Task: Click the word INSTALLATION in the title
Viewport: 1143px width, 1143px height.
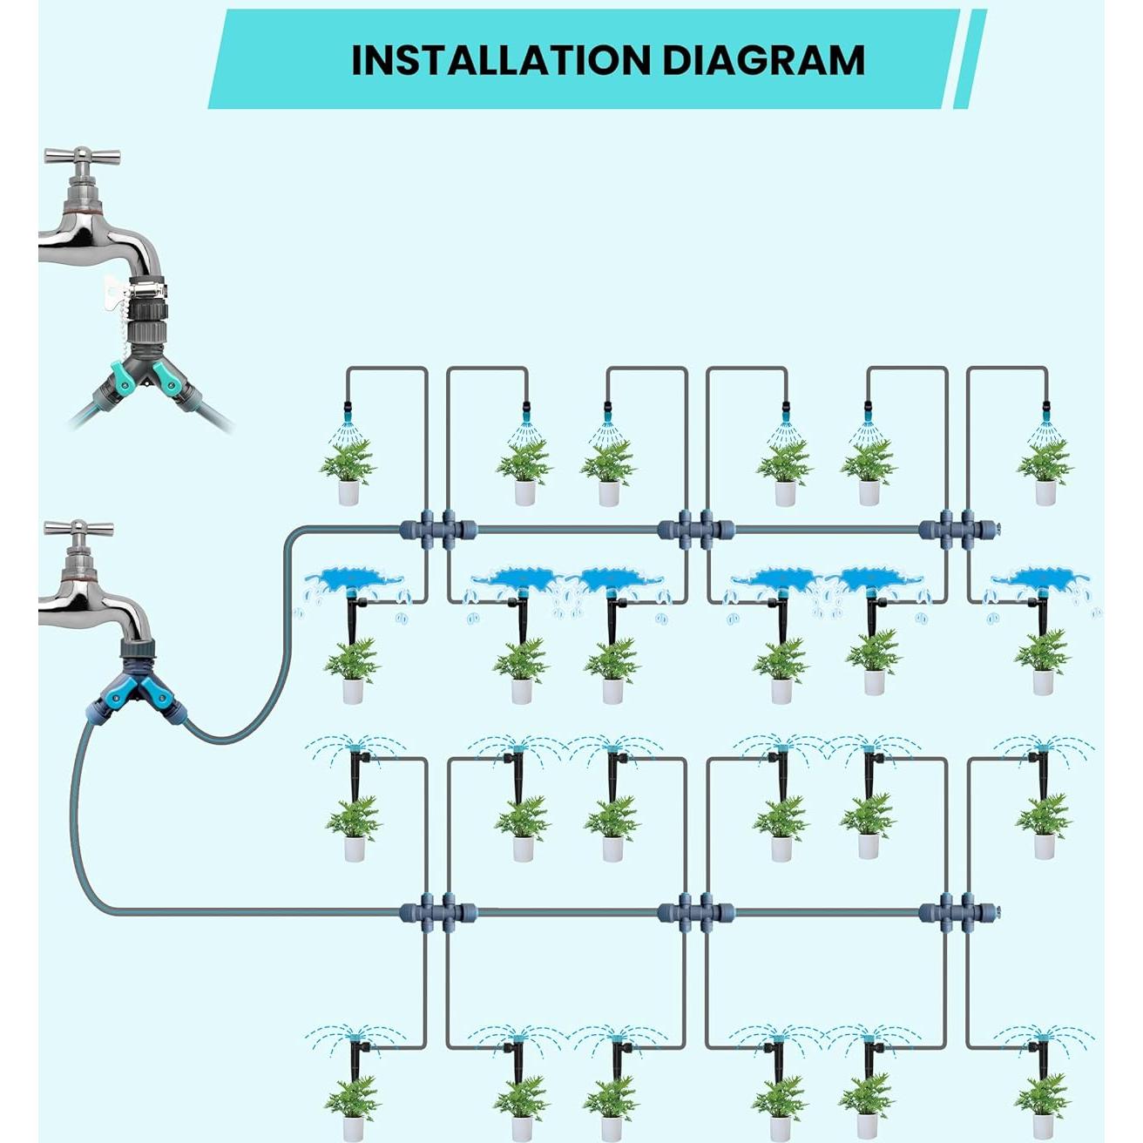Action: click(x=501, y=60)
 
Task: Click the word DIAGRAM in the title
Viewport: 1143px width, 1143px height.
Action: click(x=763, y=60)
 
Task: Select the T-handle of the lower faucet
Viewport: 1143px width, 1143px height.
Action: click(x=78, y=529)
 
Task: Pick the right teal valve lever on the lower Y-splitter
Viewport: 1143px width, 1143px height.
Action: click(x=162, y=695)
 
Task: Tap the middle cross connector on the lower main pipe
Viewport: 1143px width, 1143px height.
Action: click(x=695, y=913)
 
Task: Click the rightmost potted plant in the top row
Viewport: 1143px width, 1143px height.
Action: click(x=1045, y=470)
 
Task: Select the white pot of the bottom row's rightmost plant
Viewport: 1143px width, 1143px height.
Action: click(x=1044, y=1128)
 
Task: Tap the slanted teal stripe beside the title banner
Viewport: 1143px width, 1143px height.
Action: click(x=970, y=59)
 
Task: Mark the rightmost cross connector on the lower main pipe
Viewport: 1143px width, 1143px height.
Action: click(x=957, y=913)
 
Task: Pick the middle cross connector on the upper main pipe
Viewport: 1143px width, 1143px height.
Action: click(x=695, y=529)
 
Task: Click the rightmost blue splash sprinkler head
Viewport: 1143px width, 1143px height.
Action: click(x=1042, y=579)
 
